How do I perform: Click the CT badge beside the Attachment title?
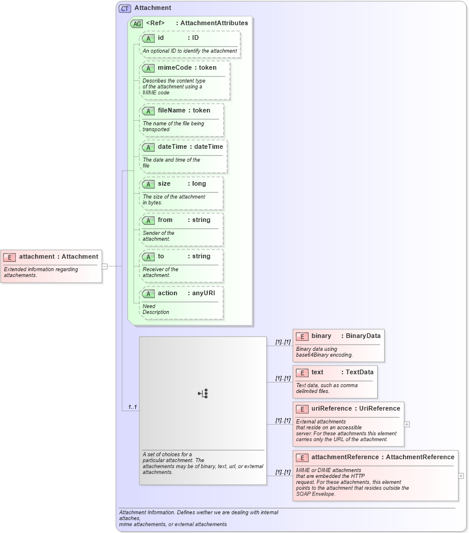coord(125,8)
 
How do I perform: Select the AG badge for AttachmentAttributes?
coord(136,23)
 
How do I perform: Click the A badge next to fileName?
coord(149,111)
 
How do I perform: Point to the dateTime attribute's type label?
coord(208,146)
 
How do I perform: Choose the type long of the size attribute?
coord(199,183)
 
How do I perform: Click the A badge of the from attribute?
coord(149,220)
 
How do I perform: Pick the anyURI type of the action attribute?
coord(205,293)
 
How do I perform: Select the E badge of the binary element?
coord(302,336)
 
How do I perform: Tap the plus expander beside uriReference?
coord(407,424)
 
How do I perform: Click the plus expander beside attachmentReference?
coord(461,476)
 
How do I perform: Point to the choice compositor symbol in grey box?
coord(203,394)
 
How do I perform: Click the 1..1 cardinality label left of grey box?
coord(133,406)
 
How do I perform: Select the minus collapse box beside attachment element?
coord(105,266)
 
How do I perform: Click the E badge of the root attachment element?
coord(10,257)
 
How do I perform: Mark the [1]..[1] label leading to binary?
coord(283,341)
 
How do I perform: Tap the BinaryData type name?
coord(363,336)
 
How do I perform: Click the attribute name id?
coord(161,37)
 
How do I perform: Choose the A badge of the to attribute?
coord(149,257)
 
